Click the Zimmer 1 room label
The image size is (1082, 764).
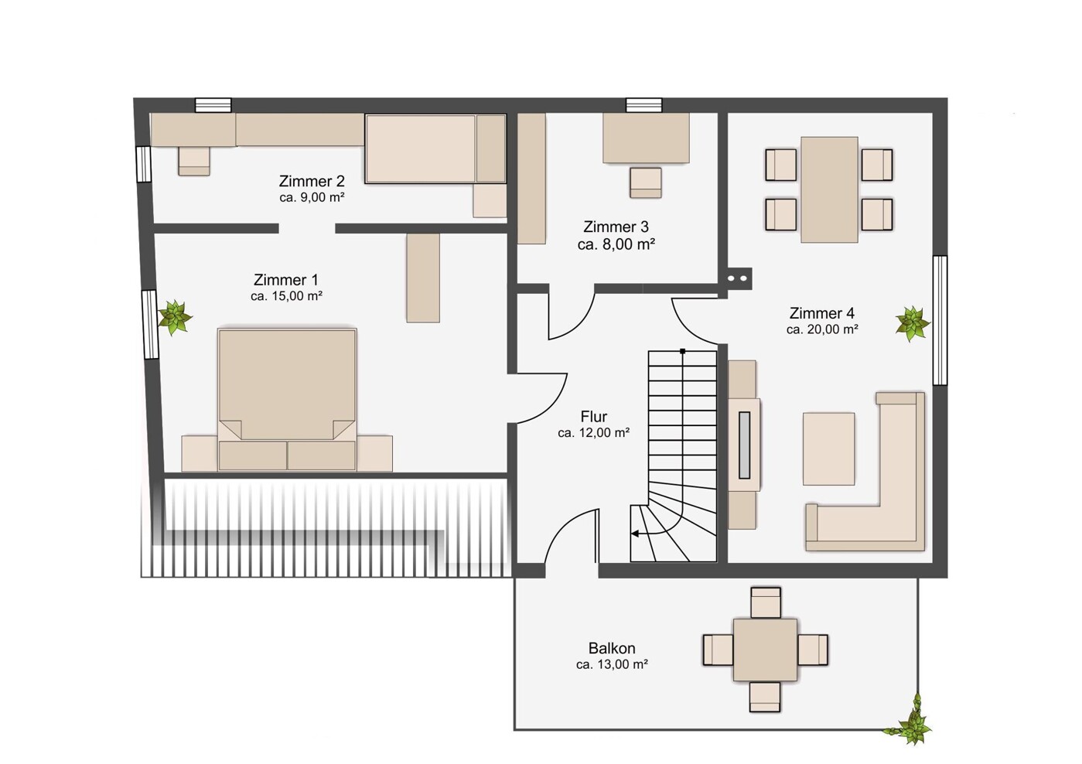pos(286,280)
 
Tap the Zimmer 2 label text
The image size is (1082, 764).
pos(312,181)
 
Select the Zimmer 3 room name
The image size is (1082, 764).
pos(616,227)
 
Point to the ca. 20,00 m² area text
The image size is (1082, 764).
pos(822,330)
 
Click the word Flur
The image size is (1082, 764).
pos(594,416)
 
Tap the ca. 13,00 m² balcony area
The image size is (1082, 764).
pos(612,664)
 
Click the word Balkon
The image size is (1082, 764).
pos(612,647)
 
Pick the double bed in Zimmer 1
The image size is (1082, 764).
pos(287,399)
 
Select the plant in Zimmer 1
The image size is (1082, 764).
pos(174,317)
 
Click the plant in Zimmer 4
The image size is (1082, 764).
pos(912,323)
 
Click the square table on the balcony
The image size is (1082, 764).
pos(765,650)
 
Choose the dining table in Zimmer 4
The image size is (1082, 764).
pos(829,189)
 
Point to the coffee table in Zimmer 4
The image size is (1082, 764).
pos(828,449)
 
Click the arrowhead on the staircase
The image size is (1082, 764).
pos(636,534)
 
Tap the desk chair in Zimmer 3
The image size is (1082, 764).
pos(645,182)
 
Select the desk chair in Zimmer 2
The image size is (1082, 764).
pos(193,161)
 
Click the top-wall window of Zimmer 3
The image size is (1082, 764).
pos(644,105)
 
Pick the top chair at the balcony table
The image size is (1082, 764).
pos(766,602)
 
